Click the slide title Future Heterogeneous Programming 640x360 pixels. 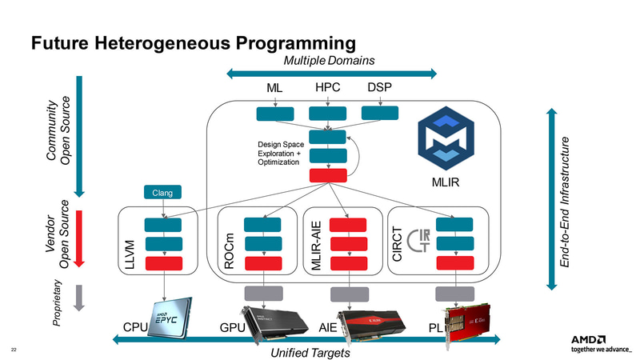point(192,41)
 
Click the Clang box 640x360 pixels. point(163,192)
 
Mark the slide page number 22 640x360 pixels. point(14,350)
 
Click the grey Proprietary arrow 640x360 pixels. point(78,296)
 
